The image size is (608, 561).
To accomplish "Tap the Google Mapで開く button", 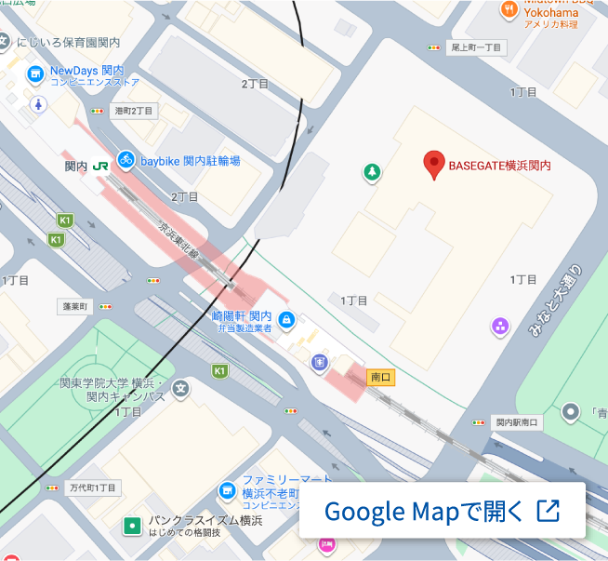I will (442, 511).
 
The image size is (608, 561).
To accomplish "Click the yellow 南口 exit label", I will (381, 377).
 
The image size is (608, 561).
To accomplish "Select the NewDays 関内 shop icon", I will (35, 73).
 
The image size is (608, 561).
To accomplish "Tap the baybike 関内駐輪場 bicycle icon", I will (126, 160).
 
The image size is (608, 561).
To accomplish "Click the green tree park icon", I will (372, 171).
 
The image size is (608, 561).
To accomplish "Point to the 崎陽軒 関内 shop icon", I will (286, 320).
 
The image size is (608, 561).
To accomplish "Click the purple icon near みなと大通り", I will (500, 326).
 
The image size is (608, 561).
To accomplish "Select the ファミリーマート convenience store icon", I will (227, 489).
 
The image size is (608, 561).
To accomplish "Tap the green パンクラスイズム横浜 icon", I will (132, 527).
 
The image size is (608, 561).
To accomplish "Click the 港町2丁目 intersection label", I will (133, 111).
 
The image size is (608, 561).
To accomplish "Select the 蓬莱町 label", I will (73, 305).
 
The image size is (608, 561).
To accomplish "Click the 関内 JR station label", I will (76, 166).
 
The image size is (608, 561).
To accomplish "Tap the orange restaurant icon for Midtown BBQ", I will (509, 9).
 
